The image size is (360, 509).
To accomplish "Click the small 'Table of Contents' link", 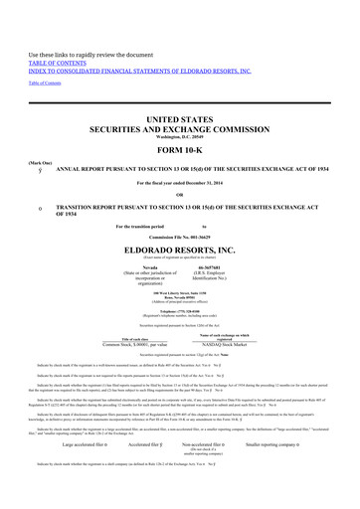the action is click(41, 55).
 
